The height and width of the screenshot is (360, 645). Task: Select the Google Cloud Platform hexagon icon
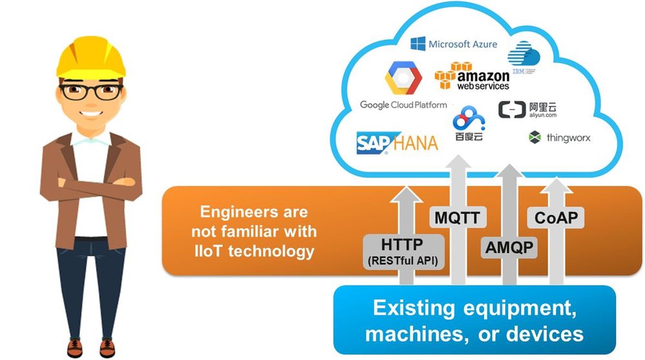point(403,78)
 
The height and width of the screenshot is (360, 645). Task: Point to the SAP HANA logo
point(397,142)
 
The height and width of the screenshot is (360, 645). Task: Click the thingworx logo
point(559,137)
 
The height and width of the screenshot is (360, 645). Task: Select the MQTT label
point(457,217)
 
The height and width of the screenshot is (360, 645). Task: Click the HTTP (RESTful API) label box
point(403,252)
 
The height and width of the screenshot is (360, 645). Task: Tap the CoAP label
point(555,217)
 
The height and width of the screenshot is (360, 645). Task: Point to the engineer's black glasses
point(90,91)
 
